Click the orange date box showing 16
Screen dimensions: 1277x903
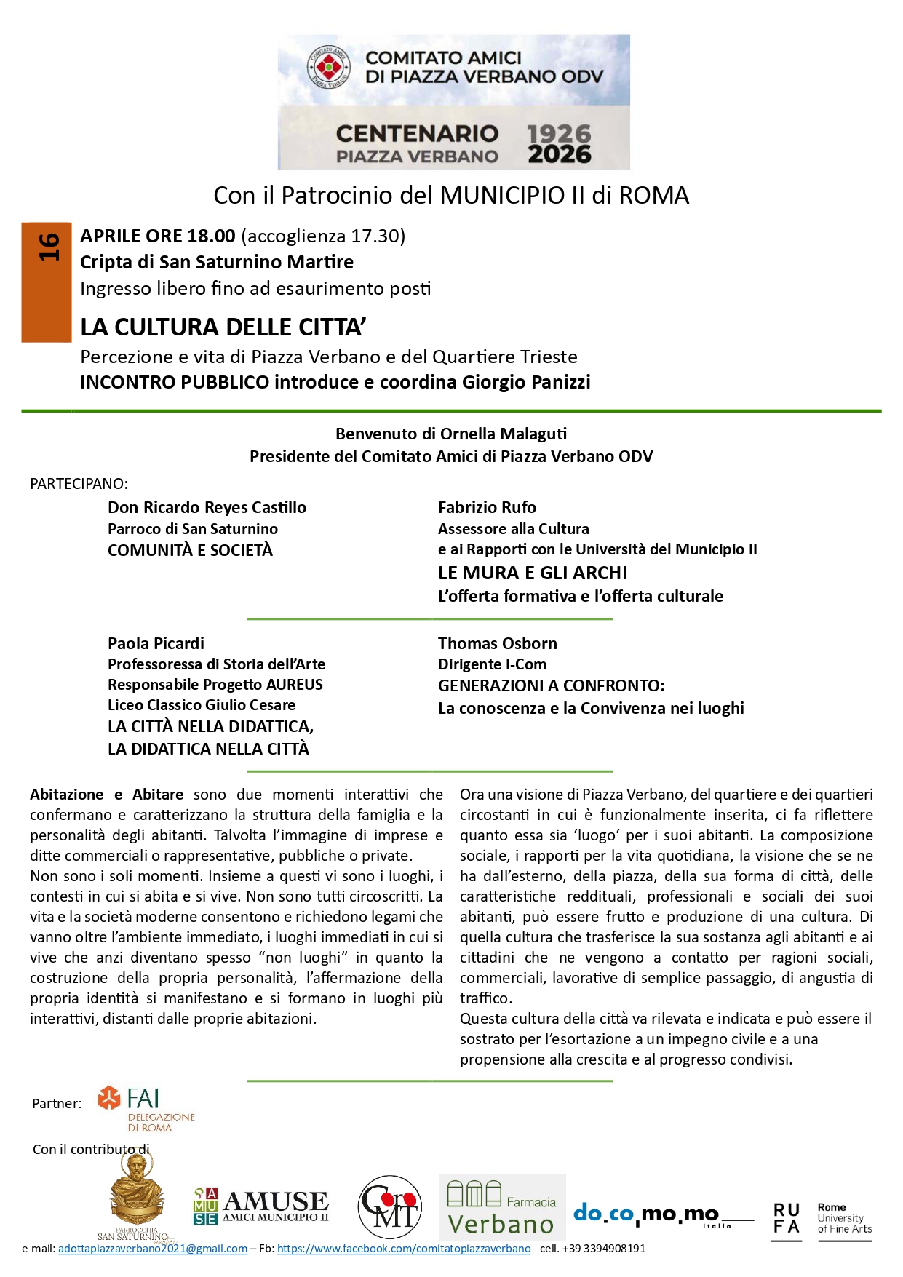pos(47,282)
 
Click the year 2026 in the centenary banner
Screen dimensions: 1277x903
pos(559,154)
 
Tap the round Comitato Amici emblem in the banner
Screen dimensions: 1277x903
pos(328,68)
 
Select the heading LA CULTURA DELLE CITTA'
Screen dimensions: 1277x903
pos(223,327)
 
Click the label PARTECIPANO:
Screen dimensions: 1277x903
pos(79,484)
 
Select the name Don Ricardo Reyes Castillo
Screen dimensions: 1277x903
pos(207,507)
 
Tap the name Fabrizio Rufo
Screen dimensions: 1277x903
pos(487,507)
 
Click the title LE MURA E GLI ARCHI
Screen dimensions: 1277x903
pos(532,573)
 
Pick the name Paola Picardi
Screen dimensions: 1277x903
pos(156,643)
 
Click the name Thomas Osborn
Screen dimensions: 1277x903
pos(497,643)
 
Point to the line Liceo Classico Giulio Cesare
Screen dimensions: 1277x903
pos(202,705)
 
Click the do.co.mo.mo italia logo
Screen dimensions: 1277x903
pos(662,1214)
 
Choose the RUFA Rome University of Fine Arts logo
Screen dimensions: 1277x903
pos(822,1219)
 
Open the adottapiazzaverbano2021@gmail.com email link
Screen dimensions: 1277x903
pos(153,1249)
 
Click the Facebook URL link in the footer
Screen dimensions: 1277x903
pos(404,1249)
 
